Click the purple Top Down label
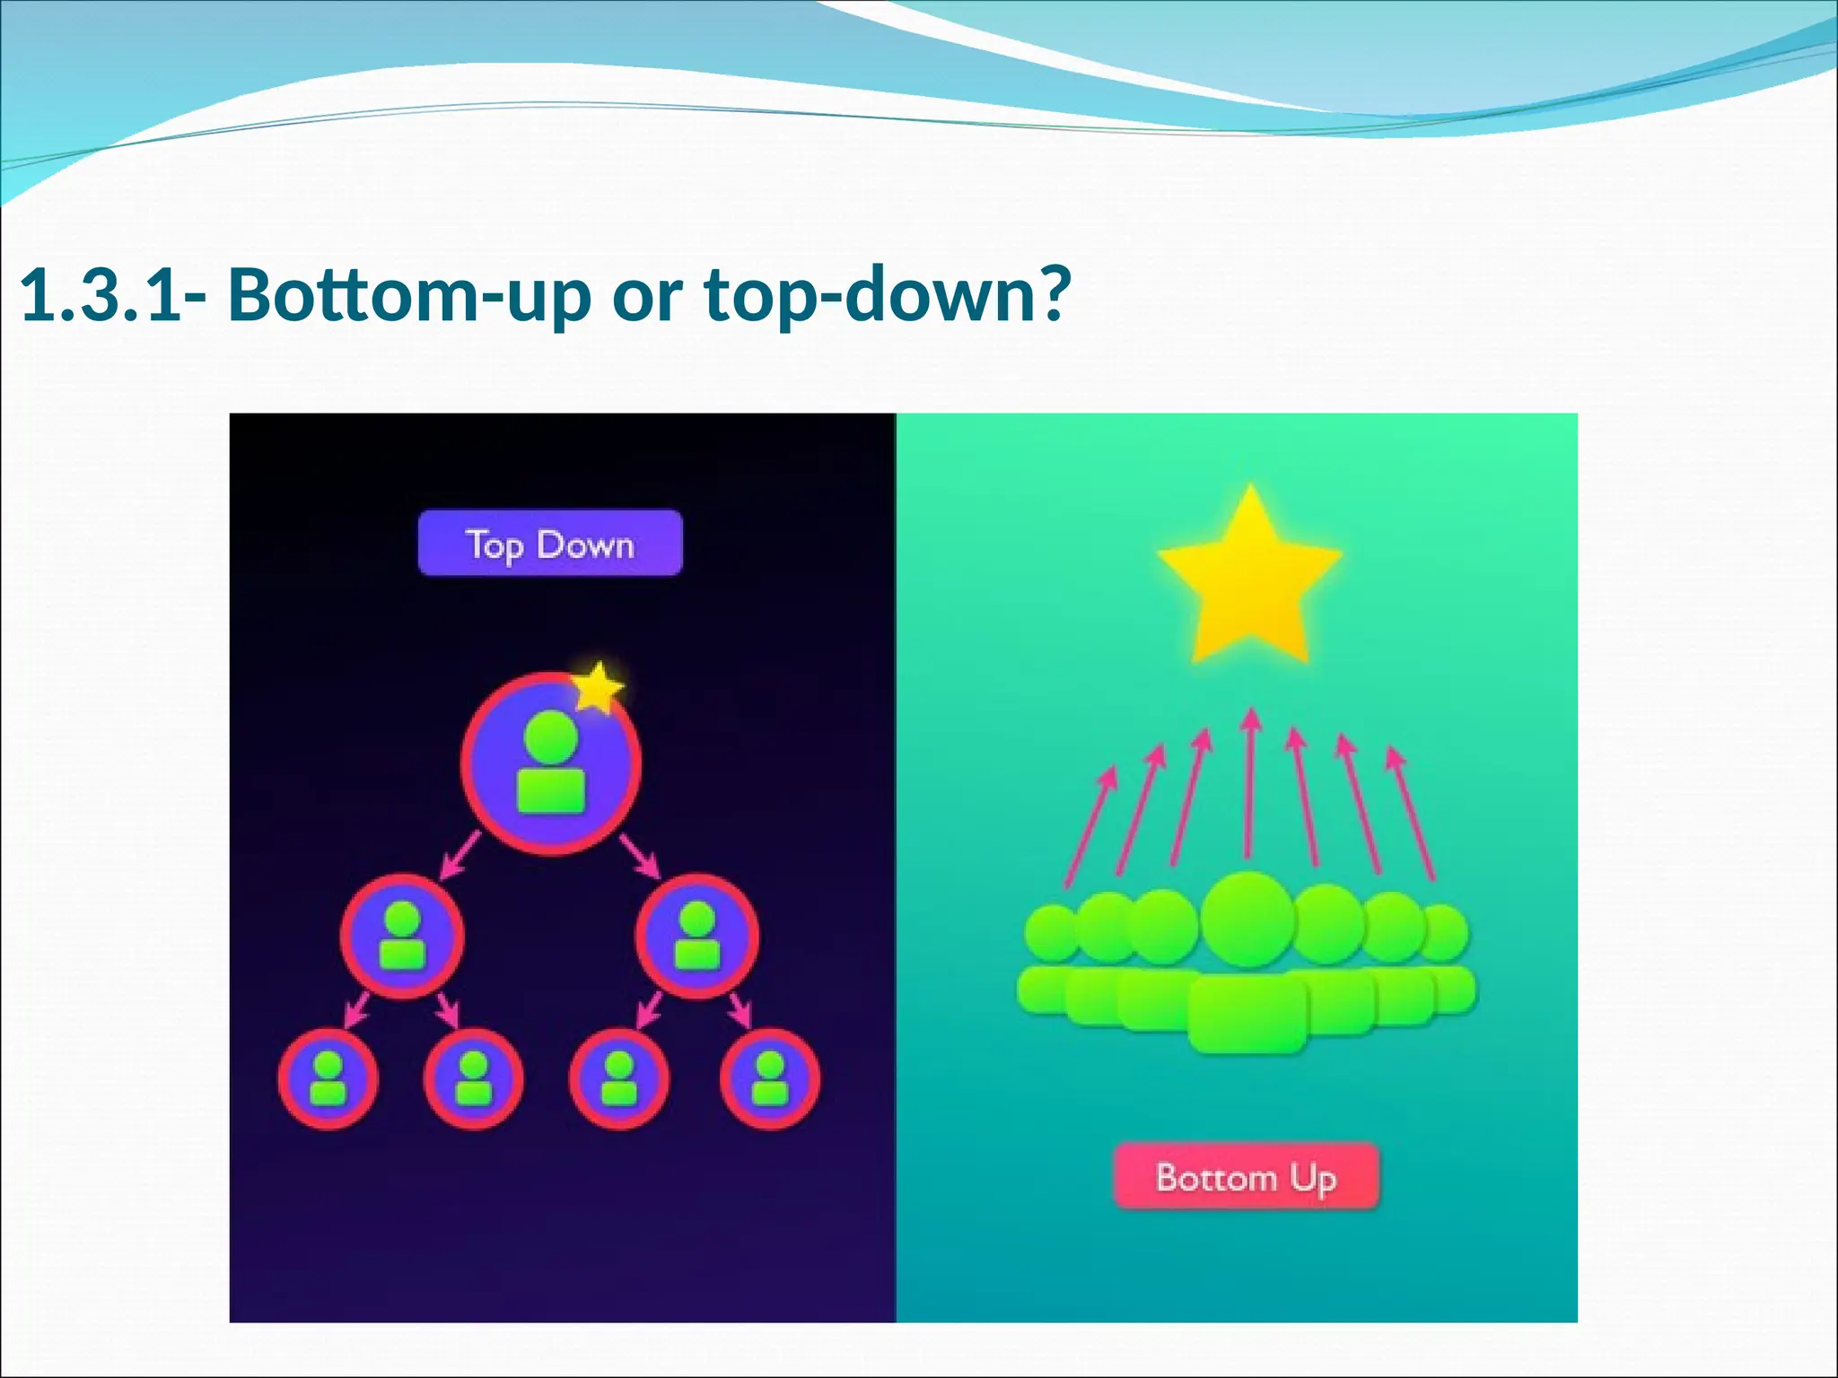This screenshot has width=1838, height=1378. tap(550, 543)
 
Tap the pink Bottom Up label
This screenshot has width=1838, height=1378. tap(1246, 1176)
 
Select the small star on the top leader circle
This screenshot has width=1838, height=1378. tap(597, 687)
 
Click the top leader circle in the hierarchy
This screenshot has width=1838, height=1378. tap(550, 763)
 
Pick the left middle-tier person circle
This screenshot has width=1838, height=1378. tap(402, 937)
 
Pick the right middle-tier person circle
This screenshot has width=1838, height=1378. tap(696, 937)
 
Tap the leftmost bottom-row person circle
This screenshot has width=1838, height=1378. tap(328, 1078)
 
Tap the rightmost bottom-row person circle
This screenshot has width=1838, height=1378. tap(769, 1078)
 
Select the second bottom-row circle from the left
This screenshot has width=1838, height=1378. tap(473, 1078)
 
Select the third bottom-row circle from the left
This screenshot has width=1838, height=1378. tap(618, 1078)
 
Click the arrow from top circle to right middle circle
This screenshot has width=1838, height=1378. tap(640, 856)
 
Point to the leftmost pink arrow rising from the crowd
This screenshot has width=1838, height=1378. tap(1090, 826)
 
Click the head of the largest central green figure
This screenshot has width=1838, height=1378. tap(1248, 920)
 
